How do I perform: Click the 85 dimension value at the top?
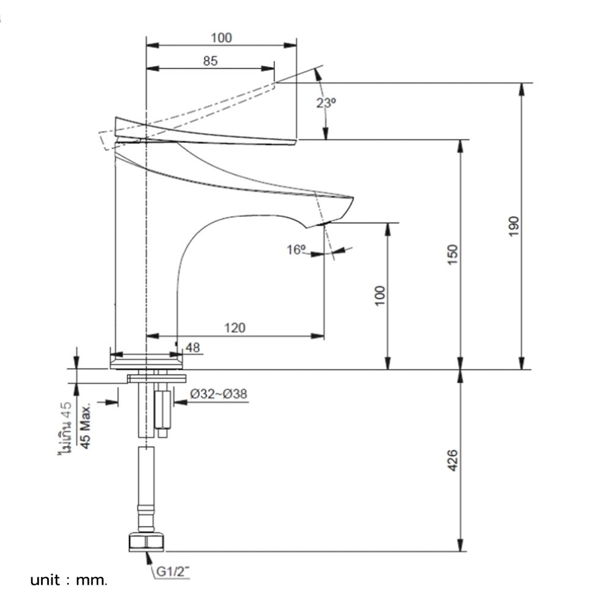click(x=210, y=60)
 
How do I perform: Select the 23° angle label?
click(x=326, y=103)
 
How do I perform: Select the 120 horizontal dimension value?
click(x=235, y=328)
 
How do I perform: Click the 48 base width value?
click(x=192, y=348)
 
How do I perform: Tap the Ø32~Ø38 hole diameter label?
click(x=218, y=394)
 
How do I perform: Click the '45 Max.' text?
click(x=86, y=426)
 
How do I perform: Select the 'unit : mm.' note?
click(x=68, y=580)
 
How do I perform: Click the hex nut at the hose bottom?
click(x=147, y=542)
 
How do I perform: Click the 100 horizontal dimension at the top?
click(x=221, y=38)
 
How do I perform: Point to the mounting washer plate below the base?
click(x=156, y=379)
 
